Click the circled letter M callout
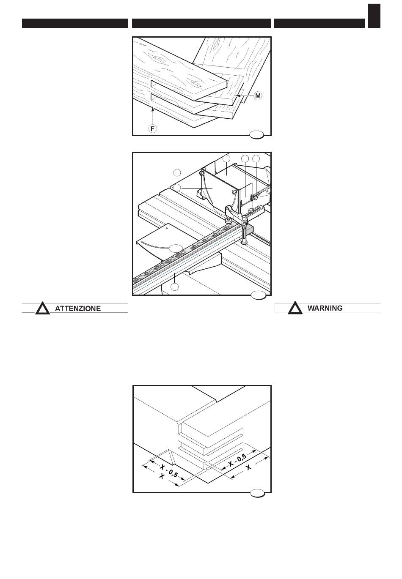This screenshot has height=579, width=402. [258, 96]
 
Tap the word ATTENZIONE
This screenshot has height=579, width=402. [78, 309]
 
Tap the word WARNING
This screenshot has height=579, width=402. [325, 308]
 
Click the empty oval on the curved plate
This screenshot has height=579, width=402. [176, 248]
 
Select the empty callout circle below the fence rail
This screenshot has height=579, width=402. [175, 287]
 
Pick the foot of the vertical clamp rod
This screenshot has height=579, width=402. [244, 243]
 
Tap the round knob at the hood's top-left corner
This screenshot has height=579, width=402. [202, 173]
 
